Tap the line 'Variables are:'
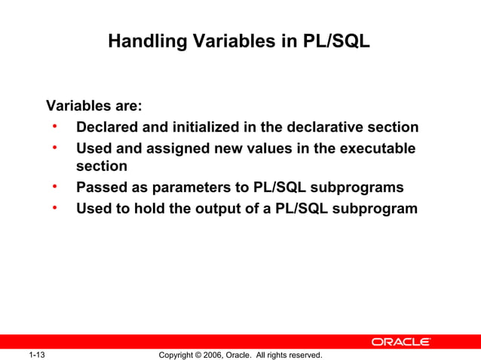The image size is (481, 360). click(x=94, y=105)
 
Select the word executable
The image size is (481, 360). click(x=377, y=149)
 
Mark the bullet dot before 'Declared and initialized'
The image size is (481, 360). click(x=55, y=125)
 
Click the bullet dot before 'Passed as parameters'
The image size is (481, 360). click(x=55, y=185)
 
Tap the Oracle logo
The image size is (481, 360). click(x=400, y=342)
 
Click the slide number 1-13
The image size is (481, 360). click(x=38, y=355)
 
